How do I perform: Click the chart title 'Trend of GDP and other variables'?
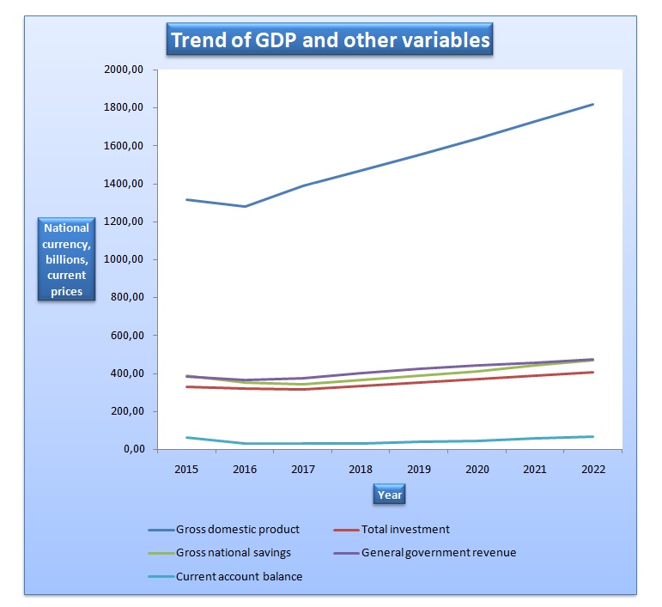[x=330, y=40]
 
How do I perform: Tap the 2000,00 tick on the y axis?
[x=125, y=70]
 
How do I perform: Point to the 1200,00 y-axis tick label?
[x=125, y=222]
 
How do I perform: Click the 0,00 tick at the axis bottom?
[x=134, y=449]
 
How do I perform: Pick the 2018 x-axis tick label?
[x=361, y=469]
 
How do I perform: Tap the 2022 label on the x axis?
[x=593, y=469]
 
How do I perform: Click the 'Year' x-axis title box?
[x=390, y=495]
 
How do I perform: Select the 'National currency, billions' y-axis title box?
[x=66, y=259]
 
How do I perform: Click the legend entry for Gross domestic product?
[x=237, y=530]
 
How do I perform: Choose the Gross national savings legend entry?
[x=233, y=553]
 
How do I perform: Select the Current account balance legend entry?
[x=239, y=577]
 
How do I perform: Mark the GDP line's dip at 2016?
[x=245, y=206]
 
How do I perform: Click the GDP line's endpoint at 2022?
[x=593, y=105]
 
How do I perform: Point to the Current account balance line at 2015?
[x=186, y=437]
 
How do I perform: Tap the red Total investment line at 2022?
[x=593, y=372]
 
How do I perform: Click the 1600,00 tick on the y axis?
[x=125, y=146]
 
